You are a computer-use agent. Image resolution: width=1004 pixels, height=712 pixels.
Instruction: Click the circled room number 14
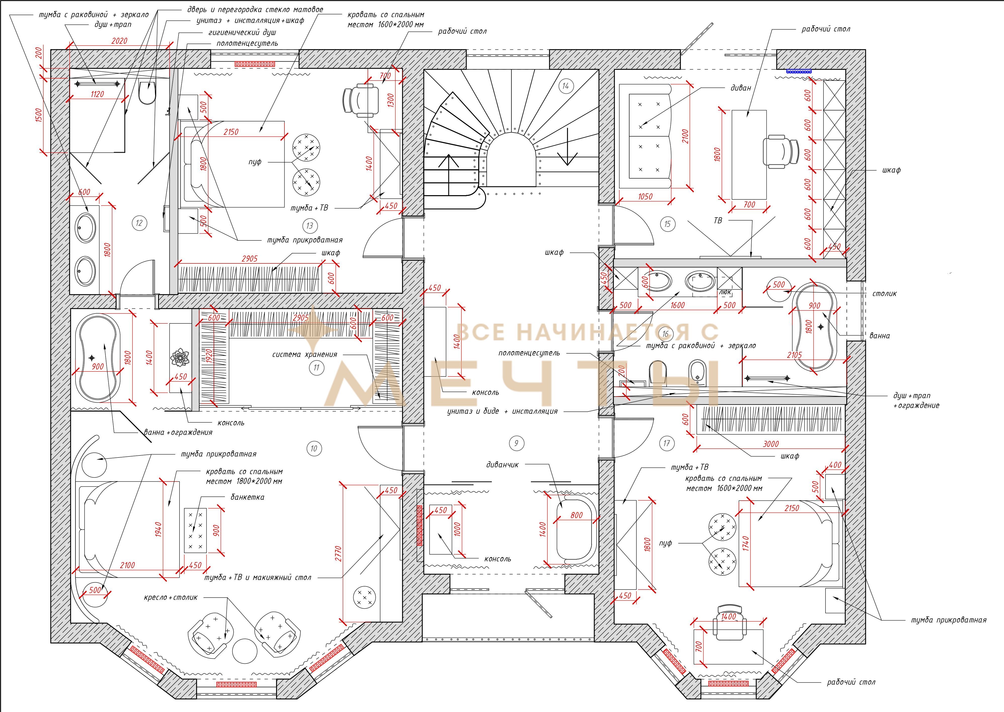point(565,86)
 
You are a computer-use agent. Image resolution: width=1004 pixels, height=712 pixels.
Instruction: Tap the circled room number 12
point(139,223)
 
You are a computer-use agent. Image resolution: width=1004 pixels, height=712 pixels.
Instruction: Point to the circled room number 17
point(667,443)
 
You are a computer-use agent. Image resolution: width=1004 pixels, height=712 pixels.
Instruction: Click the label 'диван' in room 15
point(741,88)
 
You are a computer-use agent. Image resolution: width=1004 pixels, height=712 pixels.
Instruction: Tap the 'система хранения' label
point(304,354)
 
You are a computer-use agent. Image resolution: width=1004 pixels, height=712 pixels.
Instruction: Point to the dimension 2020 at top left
point(119,41)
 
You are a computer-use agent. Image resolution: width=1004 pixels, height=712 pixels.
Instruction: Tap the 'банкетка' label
point(247,497)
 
